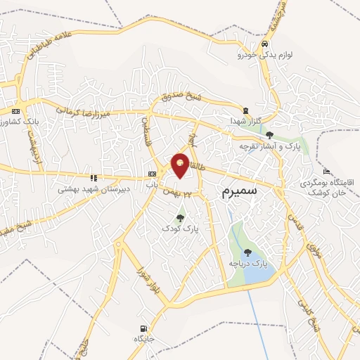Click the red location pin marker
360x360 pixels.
click(x=181, y=163)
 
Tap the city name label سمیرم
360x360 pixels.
click(x=238, y=191)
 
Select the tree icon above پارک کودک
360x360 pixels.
click(x=181, y=217)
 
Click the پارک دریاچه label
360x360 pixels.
click(x=248, y=263)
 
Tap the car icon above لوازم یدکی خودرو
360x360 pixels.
click(x=264, y=44)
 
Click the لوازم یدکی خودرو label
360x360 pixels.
click(x=260, y=54)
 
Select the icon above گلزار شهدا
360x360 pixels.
click(x=245, y=110)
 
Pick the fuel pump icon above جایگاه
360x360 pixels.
click(x=144, y=328)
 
